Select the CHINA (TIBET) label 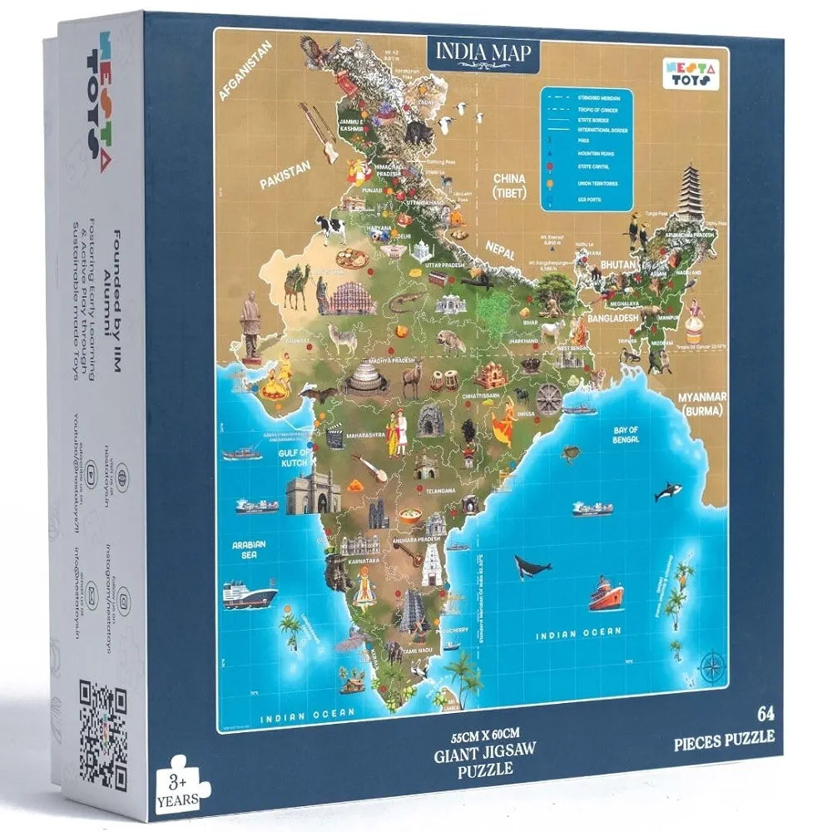(509, 186)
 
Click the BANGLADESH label (612, 318)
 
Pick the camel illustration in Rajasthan (295, 285)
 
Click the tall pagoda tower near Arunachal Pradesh (690, 193)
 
